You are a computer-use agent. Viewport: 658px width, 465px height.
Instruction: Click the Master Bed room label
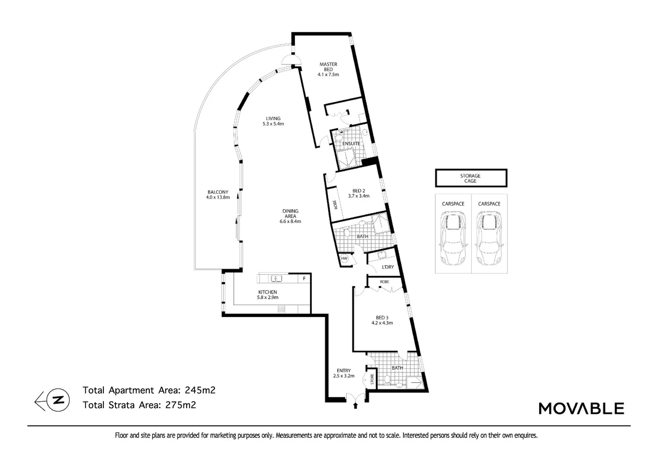pos(328,69)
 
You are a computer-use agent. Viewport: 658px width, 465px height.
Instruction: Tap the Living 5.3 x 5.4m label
pos(273,121)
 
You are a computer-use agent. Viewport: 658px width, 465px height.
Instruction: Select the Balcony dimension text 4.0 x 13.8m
pos(218,197)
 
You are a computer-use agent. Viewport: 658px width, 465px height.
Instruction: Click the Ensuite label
pos(351,143)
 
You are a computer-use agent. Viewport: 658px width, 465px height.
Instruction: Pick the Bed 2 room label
pos(359,193)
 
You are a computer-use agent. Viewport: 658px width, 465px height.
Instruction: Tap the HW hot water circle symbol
pos(344,258)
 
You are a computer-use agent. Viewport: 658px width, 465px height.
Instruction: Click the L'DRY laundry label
pos(388,267)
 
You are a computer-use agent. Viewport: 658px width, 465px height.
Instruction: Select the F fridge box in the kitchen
pos(304,279)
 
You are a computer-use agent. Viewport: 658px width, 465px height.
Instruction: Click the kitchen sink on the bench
pos(276,278)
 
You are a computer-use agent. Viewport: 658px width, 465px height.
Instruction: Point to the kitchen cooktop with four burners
pos(281,309)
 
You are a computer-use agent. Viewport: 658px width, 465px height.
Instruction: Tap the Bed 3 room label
pos(382,320)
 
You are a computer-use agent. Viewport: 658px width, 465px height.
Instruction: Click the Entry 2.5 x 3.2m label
pos(344,373)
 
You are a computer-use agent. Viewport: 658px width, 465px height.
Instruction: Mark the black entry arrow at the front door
pos(355,406)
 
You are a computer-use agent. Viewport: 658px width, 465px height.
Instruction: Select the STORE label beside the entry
pos(372,379)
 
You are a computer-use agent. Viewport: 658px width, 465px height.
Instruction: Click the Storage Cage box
pos(471,178)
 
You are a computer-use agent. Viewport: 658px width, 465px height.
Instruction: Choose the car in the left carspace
pos(453,239)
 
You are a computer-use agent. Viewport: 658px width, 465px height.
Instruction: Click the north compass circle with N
pos(58,400)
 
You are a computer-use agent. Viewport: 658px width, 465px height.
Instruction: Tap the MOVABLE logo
pos(581,408)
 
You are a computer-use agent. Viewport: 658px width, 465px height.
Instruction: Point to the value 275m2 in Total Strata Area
pos(180,405)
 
